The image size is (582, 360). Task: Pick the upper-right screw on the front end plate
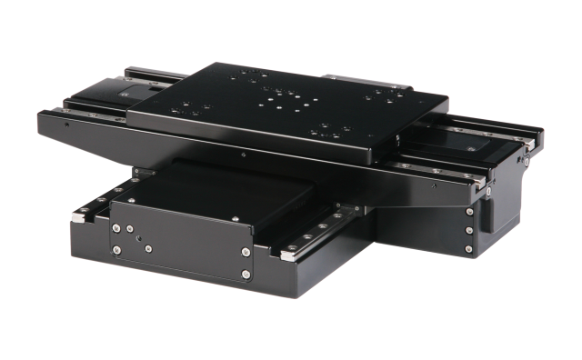tap(244, 254)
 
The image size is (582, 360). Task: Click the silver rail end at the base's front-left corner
tap(80, 216)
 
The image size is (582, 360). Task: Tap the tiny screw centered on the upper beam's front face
tap(238, 156)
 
